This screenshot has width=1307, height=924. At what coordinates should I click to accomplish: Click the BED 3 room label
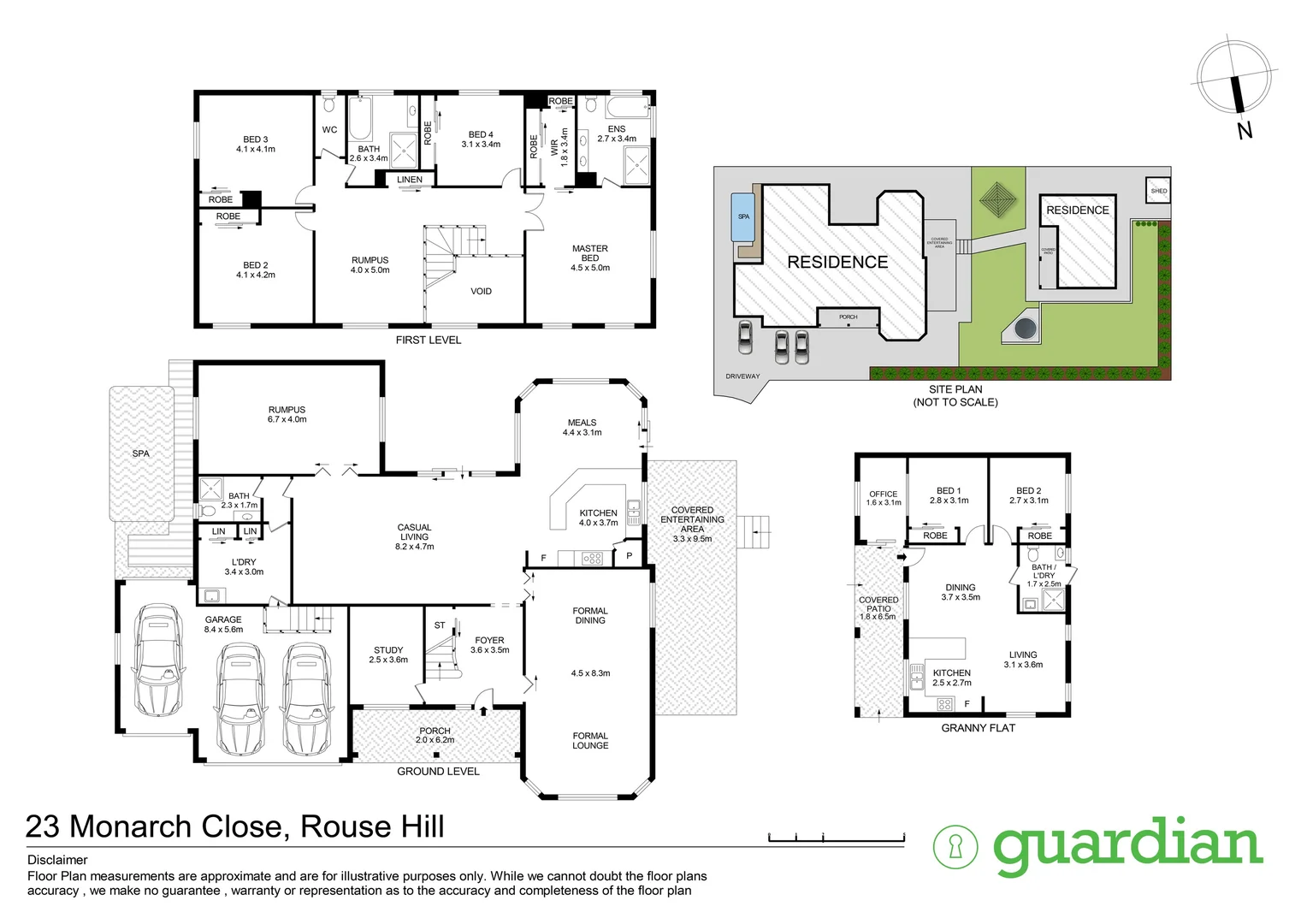pyautogui.click(x=255, y=139)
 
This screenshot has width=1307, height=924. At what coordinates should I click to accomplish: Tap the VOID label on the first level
pyautogui.click(x=481, y=292)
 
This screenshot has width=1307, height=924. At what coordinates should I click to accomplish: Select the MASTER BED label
pyautogui.click(x=590, y=253)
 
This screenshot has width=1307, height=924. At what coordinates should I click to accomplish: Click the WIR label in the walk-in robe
pyautogui.click(x=554, y=147)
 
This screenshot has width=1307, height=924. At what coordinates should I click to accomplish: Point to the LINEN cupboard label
pyautogui.click(x=410, y=180)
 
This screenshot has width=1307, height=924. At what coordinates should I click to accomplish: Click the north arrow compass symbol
pyautogui.click(x=1234, y=79)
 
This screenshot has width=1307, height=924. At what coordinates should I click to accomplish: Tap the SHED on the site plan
pyautogui.click(x=1158, y=191)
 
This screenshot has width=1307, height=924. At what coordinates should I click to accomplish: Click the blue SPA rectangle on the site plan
pyautogui.click(x=743, y=216)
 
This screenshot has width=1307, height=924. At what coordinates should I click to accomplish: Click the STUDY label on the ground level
pyautogui.click(x=388, y=650)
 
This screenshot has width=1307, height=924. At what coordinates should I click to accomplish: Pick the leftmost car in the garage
pyautogui.click(x=157, y=661)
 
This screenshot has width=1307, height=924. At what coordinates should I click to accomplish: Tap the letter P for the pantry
pyautogui.click(x=630, y=556)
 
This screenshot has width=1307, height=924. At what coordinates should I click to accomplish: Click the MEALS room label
pyautogui.click(x=582, y=423)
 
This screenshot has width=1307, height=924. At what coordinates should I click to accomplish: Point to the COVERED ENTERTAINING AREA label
pyautogui.click(x=692, y=519)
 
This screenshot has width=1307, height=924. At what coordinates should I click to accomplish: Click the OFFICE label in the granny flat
pyautogui.click(x=883, y=494)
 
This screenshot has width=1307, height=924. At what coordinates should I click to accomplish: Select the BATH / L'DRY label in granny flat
pyautogui.click(x=1044, y=572)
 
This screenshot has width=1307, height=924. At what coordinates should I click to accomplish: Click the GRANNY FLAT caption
pyautogui.click(x=978, y=728)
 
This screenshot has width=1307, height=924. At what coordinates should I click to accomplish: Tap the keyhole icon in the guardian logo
pyautogui.click(x=955, y=847)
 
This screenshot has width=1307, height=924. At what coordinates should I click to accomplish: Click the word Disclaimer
pyautogui.click(x=57, y=860)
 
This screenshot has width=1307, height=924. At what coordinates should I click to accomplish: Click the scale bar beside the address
pyautogui.click(x=836, y=838)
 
